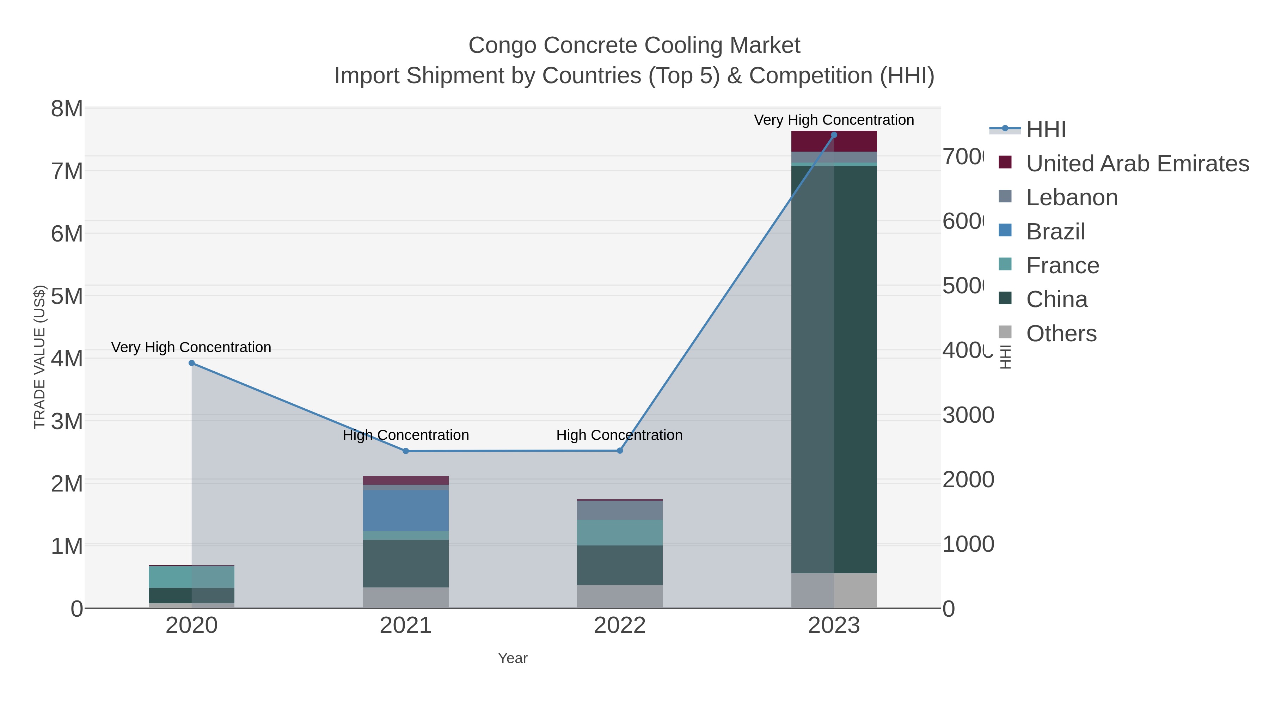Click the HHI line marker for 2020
[x=192, y=363]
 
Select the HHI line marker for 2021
[x=406, y=451]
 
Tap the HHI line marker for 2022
[x=620, y=450]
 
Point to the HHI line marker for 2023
[x=834, y=135]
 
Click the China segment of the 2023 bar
[x=834, y=370]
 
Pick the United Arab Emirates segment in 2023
[x=834, y=141]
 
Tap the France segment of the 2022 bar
[x=620, y=532]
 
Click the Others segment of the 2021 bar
[x=406, y=597]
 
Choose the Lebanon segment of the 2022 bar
[x=620, y=510]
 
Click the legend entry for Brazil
[x=1055, y=232]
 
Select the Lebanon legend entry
[x=1072, y=197]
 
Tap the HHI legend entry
[x=1046, y=130]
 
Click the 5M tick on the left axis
[x=67, y=297]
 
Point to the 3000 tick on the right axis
[x=968, y=415]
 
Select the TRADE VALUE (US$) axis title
[x=39, y=357]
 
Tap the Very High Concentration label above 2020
[x=191, y=347]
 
